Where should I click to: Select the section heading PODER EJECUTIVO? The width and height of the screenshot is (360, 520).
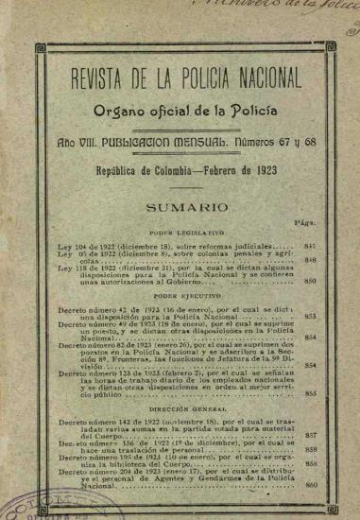(186, 295)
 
